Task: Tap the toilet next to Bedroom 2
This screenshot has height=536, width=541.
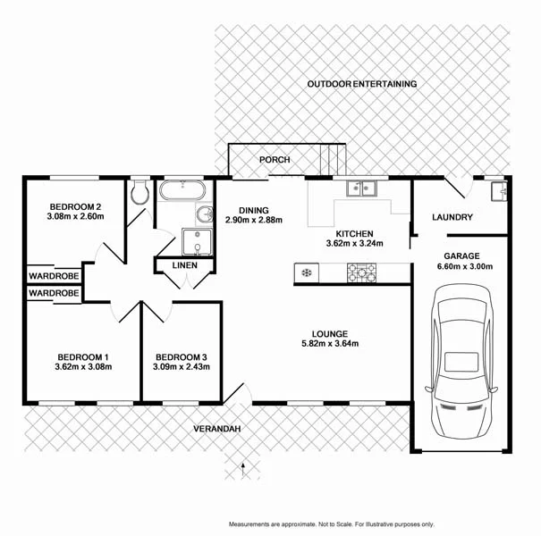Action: [139, 193]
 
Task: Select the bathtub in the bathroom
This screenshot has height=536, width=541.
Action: [182, 190]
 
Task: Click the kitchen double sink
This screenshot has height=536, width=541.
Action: [361, 188]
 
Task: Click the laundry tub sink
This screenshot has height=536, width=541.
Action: [498, 189]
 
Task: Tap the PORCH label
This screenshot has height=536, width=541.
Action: [275, 160]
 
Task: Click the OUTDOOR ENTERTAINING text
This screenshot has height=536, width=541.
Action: [361, 84]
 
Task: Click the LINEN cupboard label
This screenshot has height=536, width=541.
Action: [184, 265]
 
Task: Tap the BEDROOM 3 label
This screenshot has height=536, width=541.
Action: [181, 355]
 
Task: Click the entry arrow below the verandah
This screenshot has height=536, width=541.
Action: [242, 465]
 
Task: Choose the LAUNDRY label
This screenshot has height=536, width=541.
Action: [452, 217]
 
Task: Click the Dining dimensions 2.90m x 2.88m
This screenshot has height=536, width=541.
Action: [254, 220]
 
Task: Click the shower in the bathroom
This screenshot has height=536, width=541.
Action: [194, 241]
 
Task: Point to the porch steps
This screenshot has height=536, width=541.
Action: [332, 160]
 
